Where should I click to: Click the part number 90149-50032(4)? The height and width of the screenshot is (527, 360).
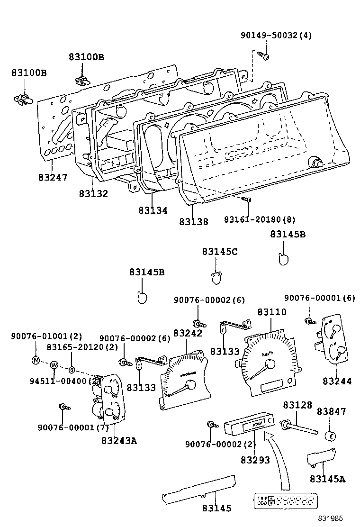coord(276,36)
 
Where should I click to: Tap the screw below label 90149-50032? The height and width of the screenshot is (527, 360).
coord(265,56)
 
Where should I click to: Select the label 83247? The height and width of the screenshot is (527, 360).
coord(53,178)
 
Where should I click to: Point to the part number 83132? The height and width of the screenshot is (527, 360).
coord(93,194)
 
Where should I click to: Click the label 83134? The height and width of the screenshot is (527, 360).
coord(153,210)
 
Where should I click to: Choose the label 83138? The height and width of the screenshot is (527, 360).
coord(193,221)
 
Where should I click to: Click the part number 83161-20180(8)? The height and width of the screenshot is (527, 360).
coord(260,219)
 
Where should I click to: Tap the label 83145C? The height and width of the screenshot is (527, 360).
coord(219,252)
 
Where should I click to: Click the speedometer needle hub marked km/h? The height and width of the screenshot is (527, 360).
coord(270,364)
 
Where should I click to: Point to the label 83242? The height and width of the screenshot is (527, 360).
coord(188,333)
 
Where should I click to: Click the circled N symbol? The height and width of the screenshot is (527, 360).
coord(36,360)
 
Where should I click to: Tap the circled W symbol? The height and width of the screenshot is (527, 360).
coord(54,365)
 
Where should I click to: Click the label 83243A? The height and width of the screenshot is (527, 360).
coord(118,440)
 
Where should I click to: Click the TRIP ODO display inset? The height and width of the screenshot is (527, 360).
coord(285,501)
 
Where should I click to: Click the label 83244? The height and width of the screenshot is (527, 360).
coord(337,381)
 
